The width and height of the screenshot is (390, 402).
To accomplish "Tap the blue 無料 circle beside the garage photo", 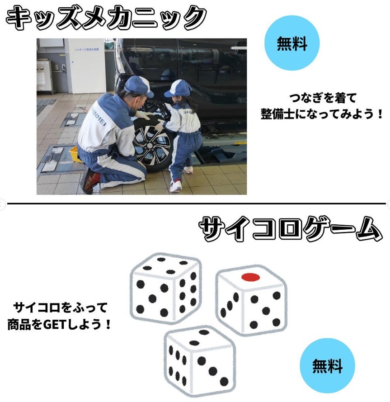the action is (x=292, y=43).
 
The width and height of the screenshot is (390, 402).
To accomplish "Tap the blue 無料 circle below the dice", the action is (x=327, y=366).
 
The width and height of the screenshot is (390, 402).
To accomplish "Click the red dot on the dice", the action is (x=251, y=277).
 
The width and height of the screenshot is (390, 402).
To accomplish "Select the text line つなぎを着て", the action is (x=323, y=98).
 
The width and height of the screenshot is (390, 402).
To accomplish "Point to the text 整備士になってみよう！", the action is (x=322, y=114).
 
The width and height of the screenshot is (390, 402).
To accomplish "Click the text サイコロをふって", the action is (x=60, y=307).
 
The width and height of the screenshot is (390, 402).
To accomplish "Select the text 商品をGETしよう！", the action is (x=60, y=325).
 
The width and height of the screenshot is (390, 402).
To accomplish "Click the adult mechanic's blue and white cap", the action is (x=139, y=86).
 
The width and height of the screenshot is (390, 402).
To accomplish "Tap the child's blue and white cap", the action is (x=178, y=88).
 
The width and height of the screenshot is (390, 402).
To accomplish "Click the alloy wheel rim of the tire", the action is (x=151, y=145).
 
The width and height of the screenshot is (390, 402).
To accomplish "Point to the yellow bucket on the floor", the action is (x=75, y=154).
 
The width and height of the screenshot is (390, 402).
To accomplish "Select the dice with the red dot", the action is (x=251, y=300).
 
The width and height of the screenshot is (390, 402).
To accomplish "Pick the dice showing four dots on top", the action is (x=166, y=288).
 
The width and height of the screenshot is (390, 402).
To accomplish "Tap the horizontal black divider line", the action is (x=196, y=203).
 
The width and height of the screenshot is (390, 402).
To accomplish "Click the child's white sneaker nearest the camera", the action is (x=176, y=185).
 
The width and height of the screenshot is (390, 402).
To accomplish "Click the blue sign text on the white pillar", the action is (x=87, y=49).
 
